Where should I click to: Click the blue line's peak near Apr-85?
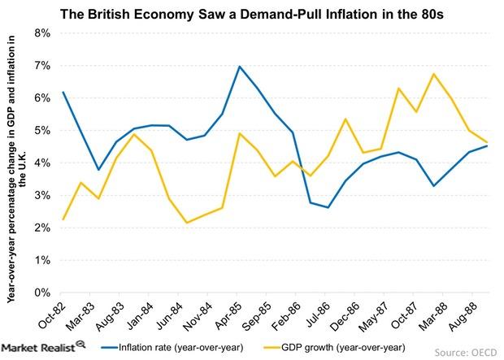(x=239, y=67)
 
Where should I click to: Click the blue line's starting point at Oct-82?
(x=63, y=92)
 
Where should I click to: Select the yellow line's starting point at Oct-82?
(x=63, y=219)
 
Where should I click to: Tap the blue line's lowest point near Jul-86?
(x=327, y=207)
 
